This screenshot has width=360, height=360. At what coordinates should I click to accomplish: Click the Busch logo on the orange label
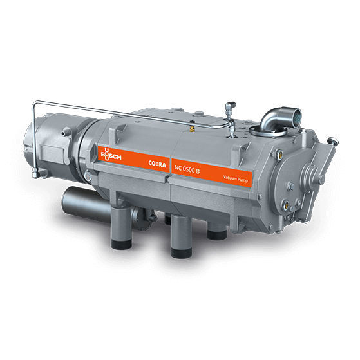pyautogui.click(x=111, y=155)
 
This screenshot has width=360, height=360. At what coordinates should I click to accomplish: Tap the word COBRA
pyautogui.click(x=157, y=164)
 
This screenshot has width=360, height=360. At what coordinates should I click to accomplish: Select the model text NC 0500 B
pyautogui.click(x=187, y=169)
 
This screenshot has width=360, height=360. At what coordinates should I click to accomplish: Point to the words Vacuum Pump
pyautogui.click(x=235, y=178)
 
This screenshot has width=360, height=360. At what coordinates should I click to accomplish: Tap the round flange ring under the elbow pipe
pyautogui.click(x=268, y=131)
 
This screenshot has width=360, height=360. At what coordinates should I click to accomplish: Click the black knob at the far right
pyautogui.click(x=334, y=140)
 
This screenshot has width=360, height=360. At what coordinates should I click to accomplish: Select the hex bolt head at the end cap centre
pyautogui.click(x=321, y=178)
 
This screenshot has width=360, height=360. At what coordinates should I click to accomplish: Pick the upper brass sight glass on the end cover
pyautogui.click(x=279, y=153)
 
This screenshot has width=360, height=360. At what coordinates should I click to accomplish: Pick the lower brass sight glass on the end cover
pyautogui.click(x=286, y=204)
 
